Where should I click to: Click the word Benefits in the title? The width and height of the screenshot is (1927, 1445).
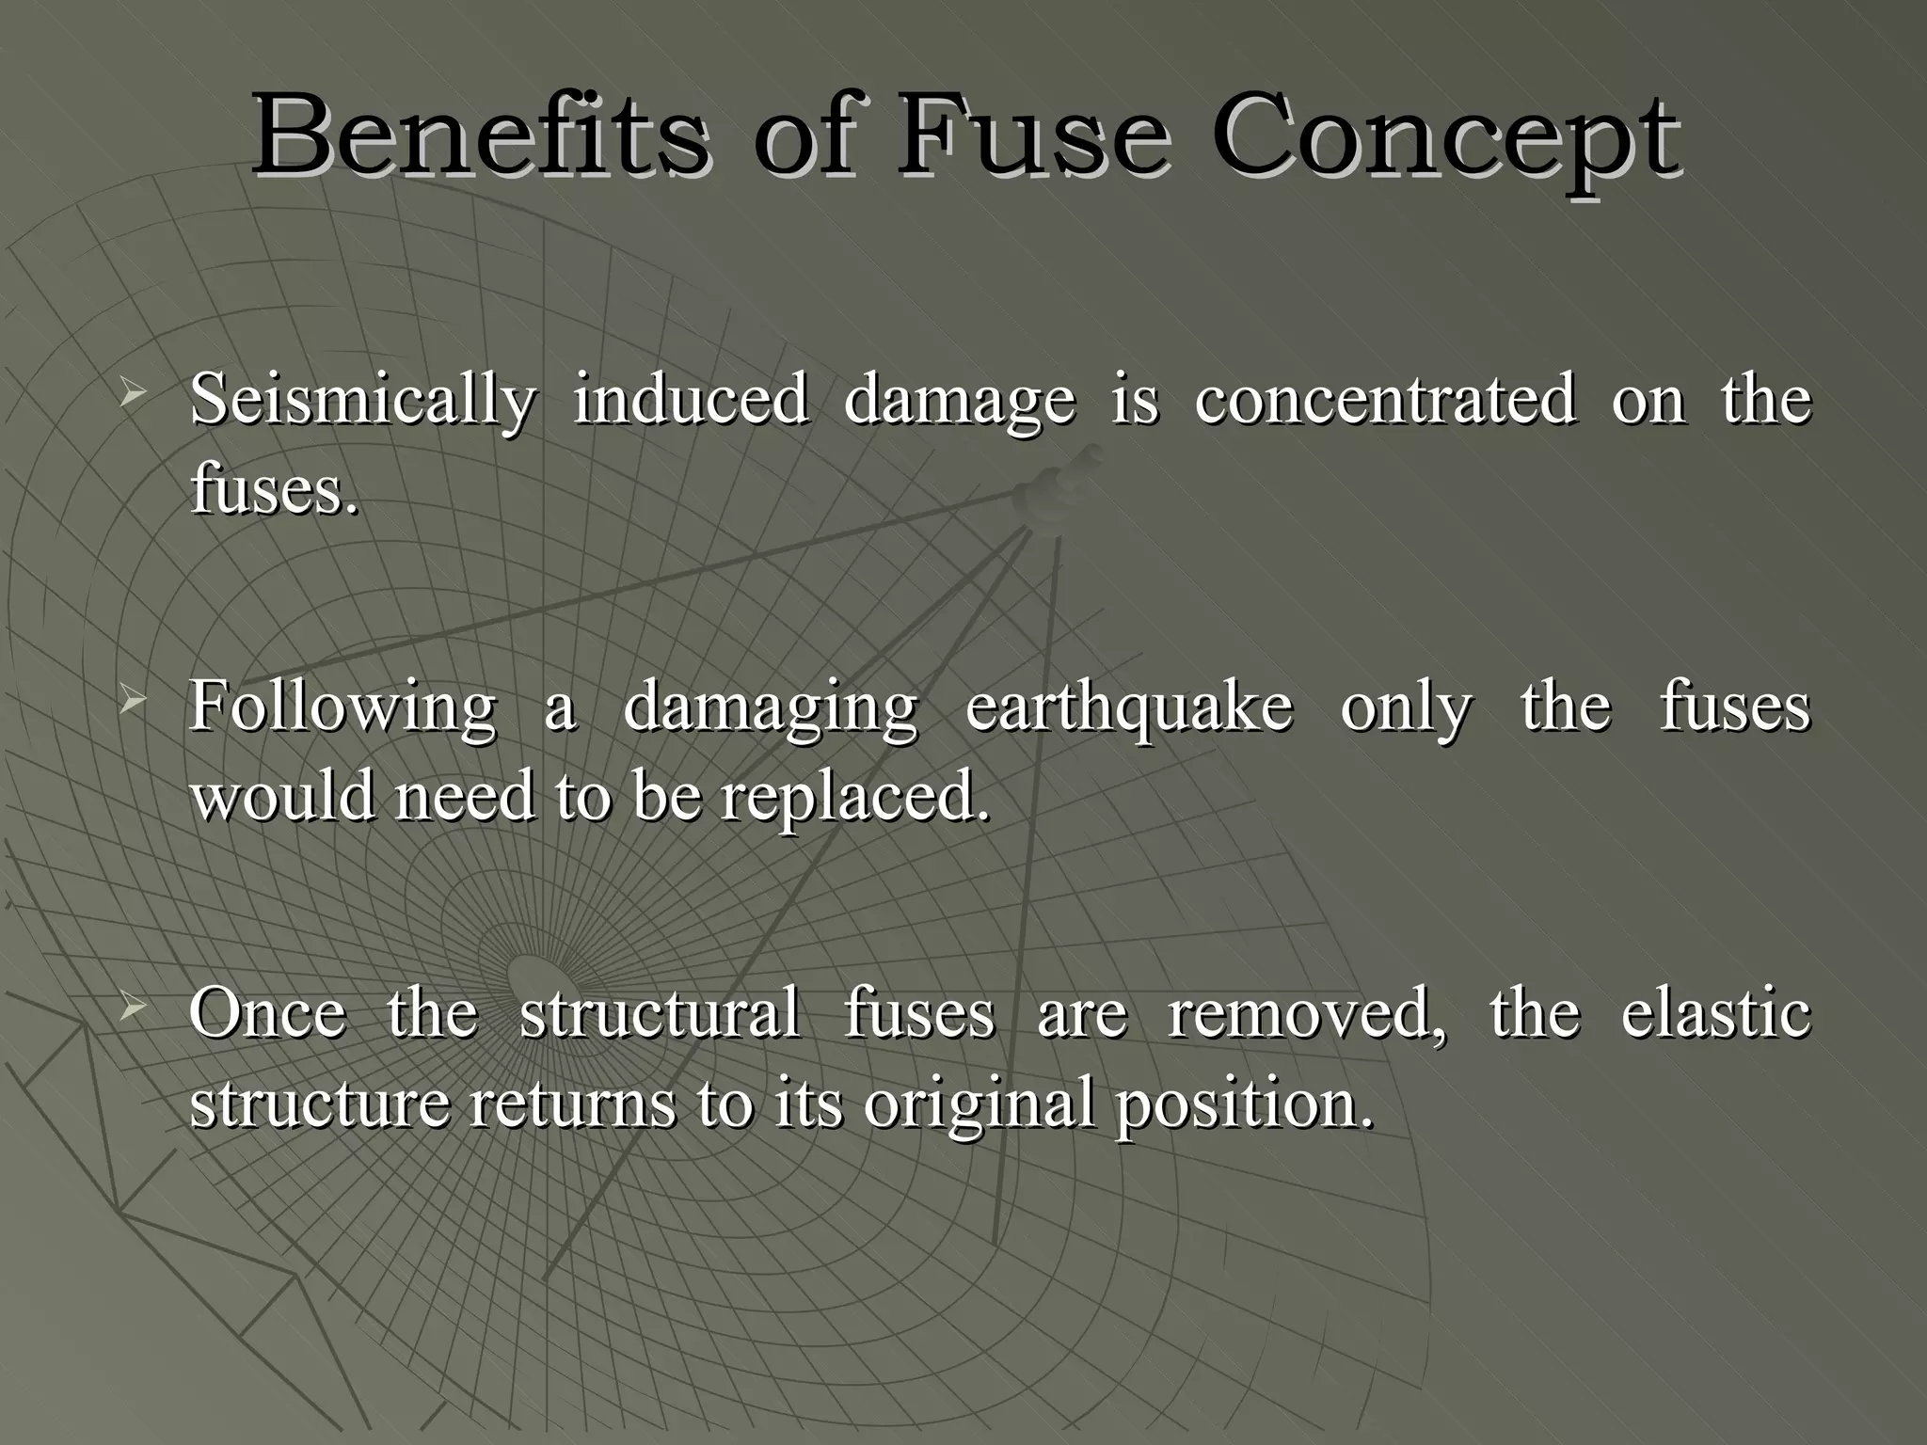coord(478,136)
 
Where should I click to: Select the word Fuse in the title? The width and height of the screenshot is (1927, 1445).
coord(1033,136)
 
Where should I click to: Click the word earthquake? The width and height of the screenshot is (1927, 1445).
coord(1129,707)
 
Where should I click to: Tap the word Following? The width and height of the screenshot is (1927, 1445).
coord(342,707)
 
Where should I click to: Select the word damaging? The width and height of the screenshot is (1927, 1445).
coord(770,707)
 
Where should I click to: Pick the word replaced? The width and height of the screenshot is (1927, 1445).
coord(855,798)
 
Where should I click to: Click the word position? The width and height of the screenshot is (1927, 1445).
coord(1244,1104)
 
